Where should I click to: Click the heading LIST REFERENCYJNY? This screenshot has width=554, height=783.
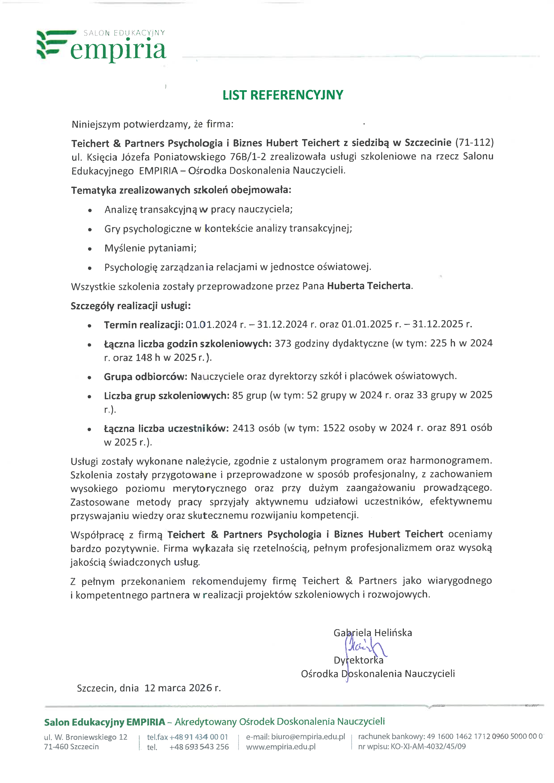tap(283, 95)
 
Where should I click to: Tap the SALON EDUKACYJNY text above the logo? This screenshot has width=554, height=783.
tap(124, 33)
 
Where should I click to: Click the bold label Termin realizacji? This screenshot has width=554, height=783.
tap(144, 325)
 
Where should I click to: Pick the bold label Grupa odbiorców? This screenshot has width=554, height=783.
tap(146, 376)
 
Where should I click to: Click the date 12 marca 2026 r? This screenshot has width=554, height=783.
tap(183, 688)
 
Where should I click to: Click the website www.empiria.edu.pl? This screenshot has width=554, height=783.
tap(281, 747)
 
